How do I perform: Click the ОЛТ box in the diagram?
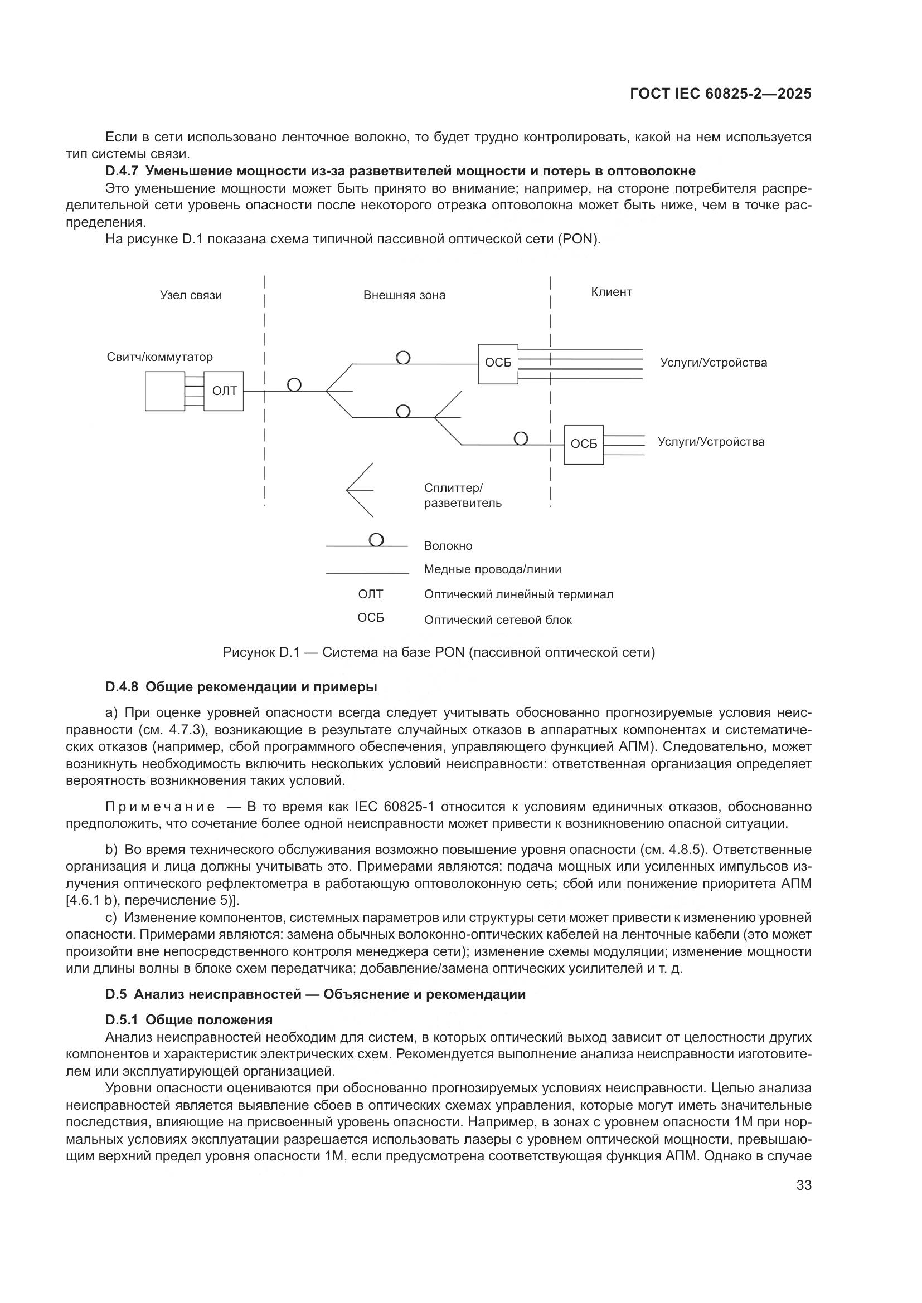click(224, 391)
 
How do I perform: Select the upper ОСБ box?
click(498, 364)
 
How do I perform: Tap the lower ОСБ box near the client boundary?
click(584, 445)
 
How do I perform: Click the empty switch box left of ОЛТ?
click(164, 391)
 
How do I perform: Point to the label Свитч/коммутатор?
click(159, 357)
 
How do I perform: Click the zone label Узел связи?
click(191, 295)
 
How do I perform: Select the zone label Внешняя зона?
click(404, 295)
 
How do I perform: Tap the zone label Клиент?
click(611, 292)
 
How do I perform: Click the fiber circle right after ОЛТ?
click(294, 385)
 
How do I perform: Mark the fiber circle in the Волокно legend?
click(376, 539)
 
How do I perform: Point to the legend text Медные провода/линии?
click(492, 569)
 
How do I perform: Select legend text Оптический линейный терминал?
click(518, 594)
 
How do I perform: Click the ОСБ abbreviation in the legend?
click(371, 618)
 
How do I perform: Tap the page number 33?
click(804, 1185)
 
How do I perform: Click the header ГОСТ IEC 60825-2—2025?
click(720, 94)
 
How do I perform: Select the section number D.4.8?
click(122, 687)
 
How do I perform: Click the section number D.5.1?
click(122, 1020)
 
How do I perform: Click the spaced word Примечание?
click(160, 807)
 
